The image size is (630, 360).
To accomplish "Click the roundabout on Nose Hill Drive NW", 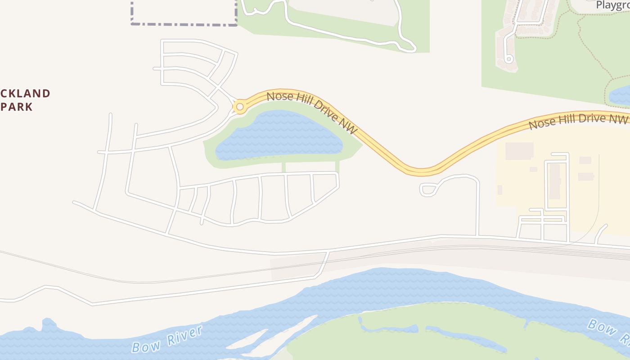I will tap(240, 107).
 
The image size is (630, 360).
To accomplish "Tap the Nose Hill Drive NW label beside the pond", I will tap(312, 112).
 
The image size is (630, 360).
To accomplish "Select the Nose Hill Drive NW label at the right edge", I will tap(578, 121).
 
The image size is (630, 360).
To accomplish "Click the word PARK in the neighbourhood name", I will tap(17, 107).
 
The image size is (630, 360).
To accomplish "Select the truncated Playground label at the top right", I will tap(612, 5).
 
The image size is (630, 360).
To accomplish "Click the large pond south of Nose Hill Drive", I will tap(279, 135).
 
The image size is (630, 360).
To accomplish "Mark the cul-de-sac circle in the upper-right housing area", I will tap(509, 58).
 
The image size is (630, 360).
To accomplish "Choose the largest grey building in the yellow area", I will tap(519, 151).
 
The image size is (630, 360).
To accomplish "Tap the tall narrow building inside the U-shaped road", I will tap(555, 181).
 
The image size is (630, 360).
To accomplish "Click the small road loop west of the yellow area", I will tap(427, 189).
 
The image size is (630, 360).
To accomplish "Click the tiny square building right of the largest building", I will tap(533, 169).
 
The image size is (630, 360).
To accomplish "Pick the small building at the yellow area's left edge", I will tap(499, 190).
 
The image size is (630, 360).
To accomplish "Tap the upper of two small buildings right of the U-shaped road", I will tap(585, 160).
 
